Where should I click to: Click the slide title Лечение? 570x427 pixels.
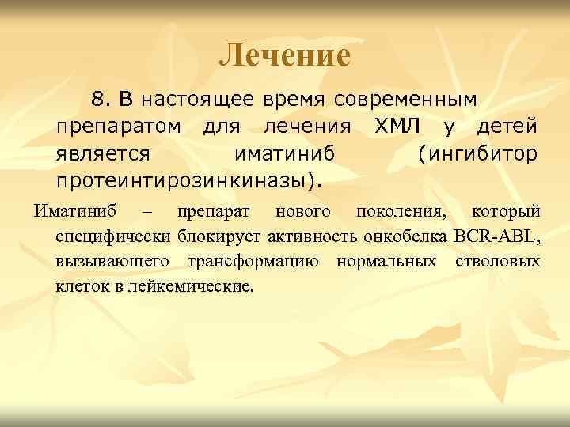[284, 55]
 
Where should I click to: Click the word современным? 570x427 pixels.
[405, 100]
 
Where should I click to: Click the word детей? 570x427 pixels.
[507, 126]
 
